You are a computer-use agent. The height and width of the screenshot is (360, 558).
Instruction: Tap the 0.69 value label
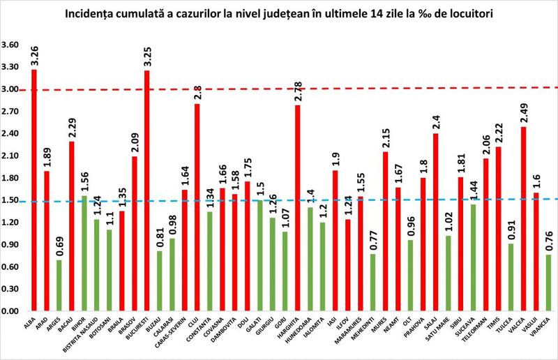[59, 245]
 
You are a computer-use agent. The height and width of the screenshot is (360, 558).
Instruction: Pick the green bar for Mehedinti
[373, 282]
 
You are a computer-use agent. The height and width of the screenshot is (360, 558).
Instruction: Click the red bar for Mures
[386, 231]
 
